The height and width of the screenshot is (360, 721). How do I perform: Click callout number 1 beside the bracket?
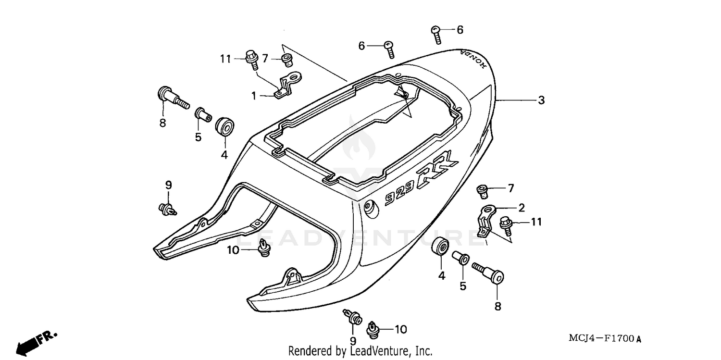254,96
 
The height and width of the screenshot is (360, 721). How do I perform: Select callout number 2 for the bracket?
522,208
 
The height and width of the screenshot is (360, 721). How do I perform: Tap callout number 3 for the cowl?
541,100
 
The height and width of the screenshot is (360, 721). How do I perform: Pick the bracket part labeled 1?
288,84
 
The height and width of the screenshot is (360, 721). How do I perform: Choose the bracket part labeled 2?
485,220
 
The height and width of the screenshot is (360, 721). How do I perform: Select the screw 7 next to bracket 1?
287,60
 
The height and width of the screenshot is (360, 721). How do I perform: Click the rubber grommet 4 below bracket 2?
441,248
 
